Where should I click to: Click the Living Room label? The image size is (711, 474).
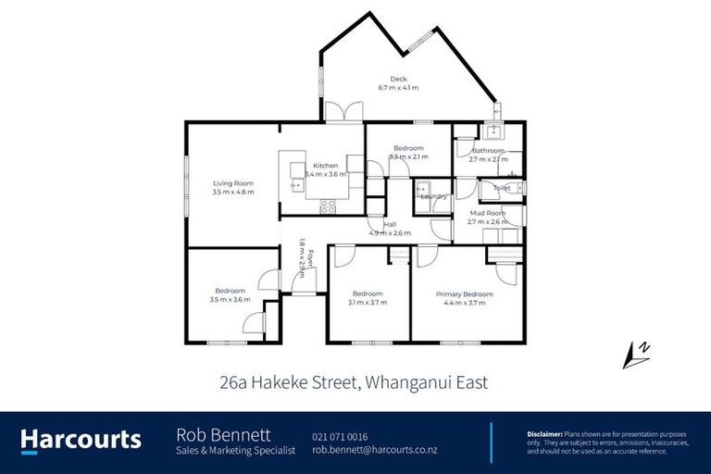[232, 182]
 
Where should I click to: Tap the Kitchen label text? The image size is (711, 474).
[325, 165]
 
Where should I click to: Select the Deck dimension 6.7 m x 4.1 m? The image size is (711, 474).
[398, 88]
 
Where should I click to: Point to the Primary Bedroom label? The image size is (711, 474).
[465, 294]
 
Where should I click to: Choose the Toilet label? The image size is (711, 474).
[502, 188]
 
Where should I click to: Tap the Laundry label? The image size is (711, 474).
[433, 196]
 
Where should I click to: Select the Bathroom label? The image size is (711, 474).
[488, 150]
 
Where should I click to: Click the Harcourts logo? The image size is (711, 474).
[81, 439]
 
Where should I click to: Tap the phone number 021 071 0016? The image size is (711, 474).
[340, 436]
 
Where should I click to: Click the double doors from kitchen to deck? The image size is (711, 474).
[343, 113]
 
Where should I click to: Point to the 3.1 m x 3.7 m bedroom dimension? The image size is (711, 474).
[368, 303]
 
